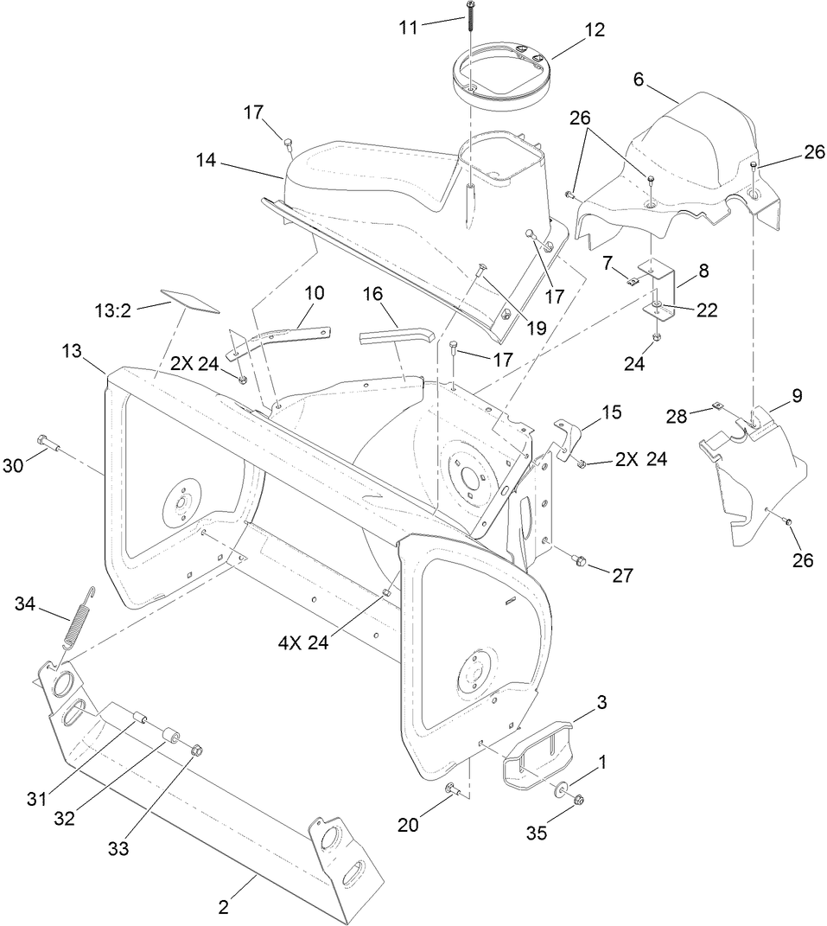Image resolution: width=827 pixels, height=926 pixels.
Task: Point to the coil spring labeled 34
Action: (79, 623)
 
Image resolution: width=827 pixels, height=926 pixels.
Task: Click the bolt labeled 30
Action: (48, 444)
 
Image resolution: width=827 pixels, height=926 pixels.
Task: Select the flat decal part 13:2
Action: (189, 300)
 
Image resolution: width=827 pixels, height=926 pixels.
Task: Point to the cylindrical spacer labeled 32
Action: (169, 737)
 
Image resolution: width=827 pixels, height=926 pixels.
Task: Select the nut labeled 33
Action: (196, 749)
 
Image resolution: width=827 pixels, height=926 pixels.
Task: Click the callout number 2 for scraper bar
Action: (224, 908)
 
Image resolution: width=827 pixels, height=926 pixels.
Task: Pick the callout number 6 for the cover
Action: (639, 78)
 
